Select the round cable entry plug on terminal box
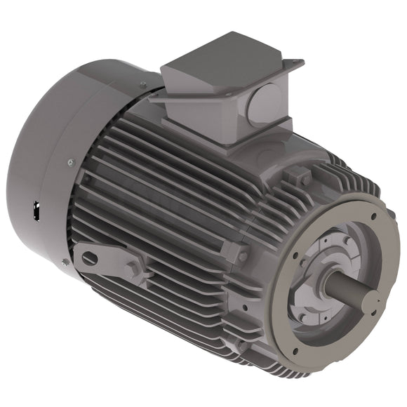(x=264, y=104)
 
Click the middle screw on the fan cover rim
(x=71, y=163)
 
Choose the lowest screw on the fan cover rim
(x=65, y=262)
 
